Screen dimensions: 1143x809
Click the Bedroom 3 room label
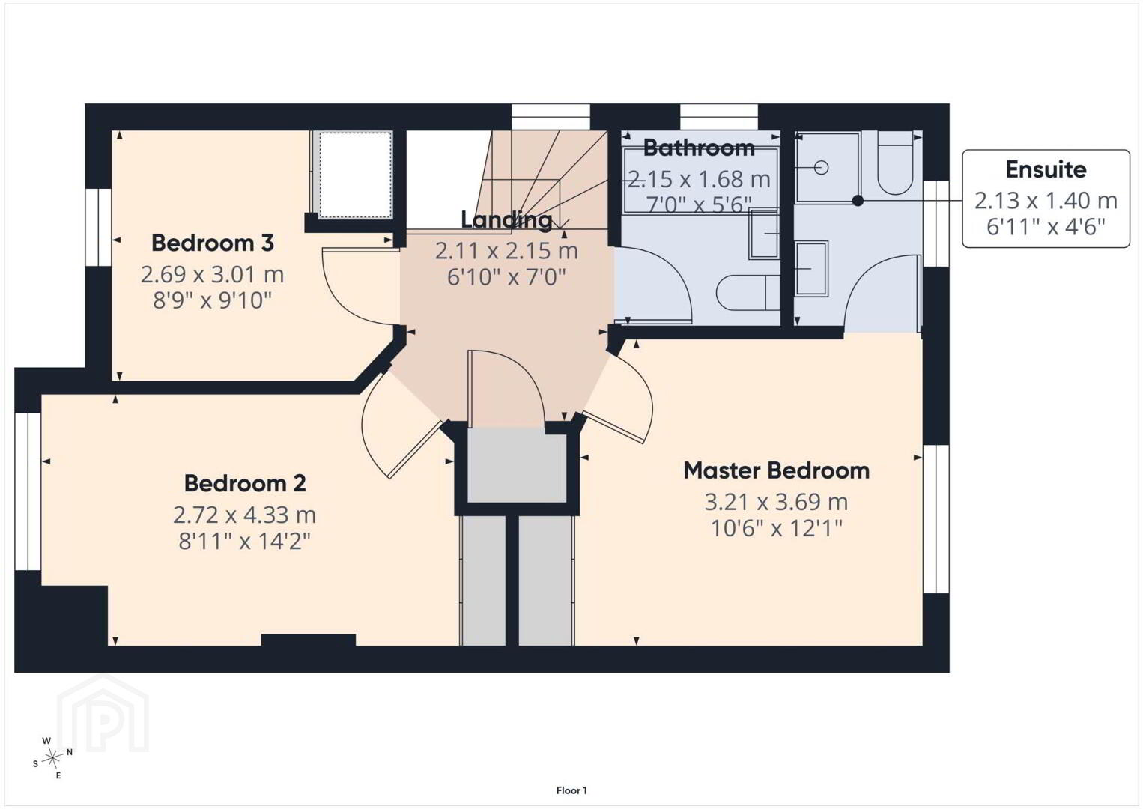(212, 243)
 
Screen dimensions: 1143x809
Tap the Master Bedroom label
(776, 470)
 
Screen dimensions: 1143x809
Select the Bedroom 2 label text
(245, 483)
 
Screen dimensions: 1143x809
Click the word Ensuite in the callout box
(1046, 169)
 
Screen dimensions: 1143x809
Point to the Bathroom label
(699, 148)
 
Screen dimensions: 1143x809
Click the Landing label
(506, 220)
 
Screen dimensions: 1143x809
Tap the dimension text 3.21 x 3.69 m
(776, 502)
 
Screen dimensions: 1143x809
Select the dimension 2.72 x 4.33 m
(244, 515)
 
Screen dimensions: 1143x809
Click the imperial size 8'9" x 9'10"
(212, 300)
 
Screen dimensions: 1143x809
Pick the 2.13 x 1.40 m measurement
(1046, 201)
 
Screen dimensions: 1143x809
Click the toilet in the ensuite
(896, 163)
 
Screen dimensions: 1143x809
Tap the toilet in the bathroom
(748, 293)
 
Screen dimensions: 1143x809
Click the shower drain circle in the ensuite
(821, 167)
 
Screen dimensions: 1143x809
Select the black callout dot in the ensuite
(858, 201)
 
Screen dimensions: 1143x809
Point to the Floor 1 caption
(571, 790)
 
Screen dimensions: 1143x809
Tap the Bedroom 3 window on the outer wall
(98, 227)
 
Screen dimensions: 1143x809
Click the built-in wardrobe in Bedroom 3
(355, 175)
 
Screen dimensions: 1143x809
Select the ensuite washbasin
(811, 268)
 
